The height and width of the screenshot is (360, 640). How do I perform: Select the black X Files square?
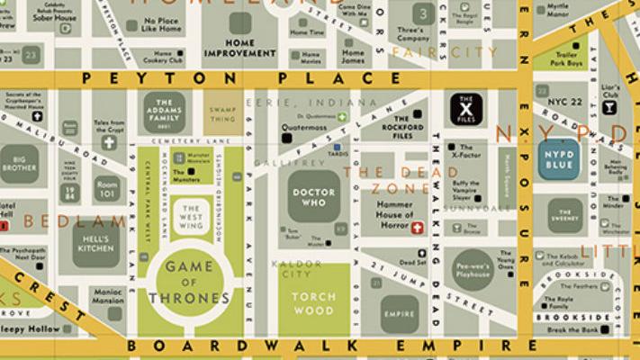(465, 110)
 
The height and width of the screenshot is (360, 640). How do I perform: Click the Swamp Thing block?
(222, 115)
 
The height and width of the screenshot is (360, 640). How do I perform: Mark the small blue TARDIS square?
(336, 147)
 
